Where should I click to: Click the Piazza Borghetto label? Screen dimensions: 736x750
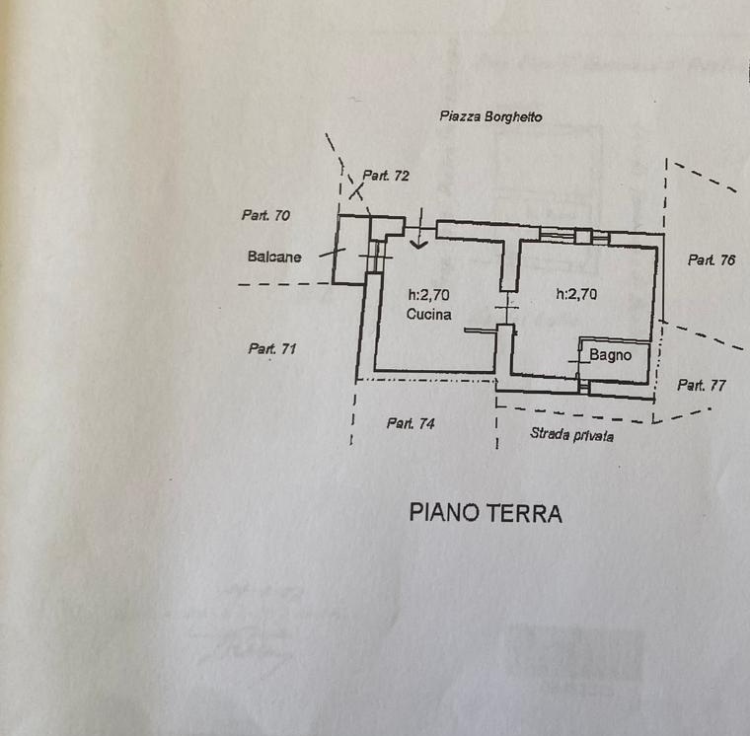(490, 116)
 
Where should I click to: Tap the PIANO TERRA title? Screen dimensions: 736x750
(486, 513)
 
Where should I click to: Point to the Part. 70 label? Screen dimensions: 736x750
(265, 214)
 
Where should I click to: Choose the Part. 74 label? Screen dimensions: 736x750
(411, 423)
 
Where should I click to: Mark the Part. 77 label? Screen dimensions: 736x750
(703, 385)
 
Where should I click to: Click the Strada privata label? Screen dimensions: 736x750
(571, 433)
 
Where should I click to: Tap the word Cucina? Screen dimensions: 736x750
(429, 315)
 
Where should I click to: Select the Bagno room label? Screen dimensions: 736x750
(610, 354)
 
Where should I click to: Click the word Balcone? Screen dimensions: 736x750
(274, 257)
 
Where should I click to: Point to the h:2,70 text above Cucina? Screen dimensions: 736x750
(430, 294)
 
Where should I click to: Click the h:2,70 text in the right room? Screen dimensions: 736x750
(577, 293)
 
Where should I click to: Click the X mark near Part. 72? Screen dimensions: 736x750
(355, 192)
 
